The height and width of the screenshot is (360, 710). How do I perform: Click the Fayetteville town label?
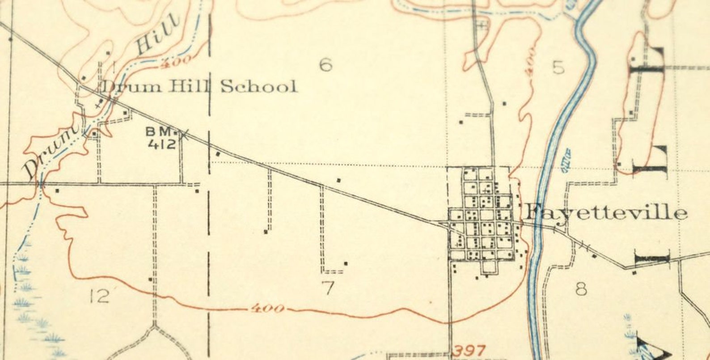[x=605, y=213]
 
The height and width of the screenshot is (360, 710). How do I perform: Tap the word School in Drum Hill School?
[x=258, y=86]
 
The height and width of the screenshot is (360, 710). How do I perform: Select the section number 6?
[x=325, y=65]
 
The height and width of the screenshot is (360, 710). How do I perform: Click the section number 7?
[x=328, y=288]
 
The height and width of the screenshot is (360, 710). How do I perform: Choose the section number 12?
[x=99, y=296]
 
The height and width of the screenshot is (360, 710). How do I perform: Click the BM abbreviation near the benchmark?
[x=159, y=132]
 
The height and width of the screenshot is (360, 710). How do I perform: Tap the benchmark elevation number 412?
[x=161, y=144]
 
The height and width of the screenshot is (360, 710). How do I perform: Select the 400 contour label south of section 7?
[x=267, y=309]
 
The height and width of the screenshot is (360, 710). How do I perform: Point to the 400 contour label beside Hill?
[x=178, y=62]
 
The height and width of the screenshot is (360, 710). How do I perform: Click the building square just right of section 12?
[x=150, y=280]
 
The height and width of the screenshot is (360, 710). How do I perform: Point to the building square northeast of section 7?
[x=345, y=263]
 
